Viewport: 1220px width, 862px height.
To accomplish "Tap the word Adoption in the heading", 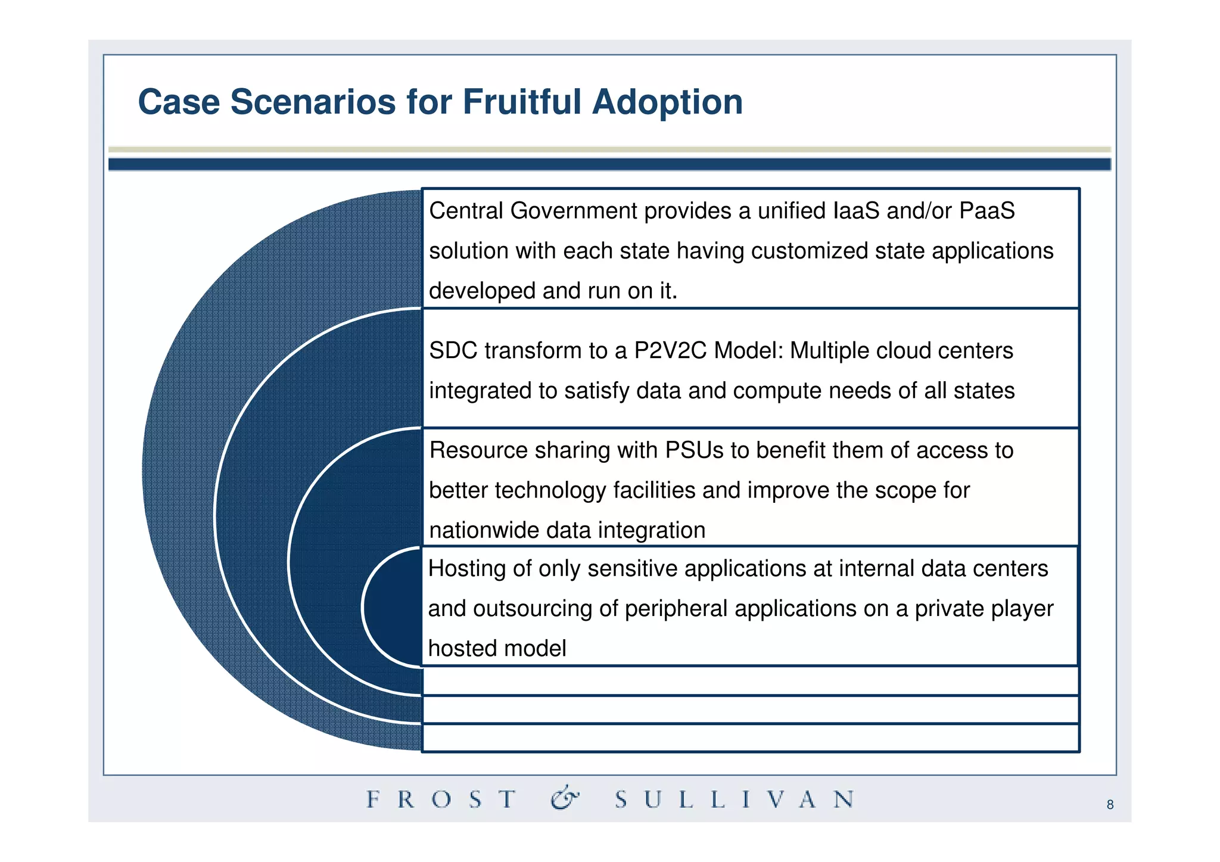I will click(667, 102).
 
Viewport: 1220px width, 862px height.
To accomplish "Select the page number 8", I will click(1110, 805).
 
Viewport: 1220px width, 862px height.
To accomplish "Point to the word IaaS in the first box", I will click(855, 211).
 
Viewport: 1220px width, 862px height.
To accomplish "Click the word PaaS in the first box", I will click(986, 211).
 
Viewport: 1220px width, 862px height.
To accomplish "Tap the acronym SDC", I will click(453, 351).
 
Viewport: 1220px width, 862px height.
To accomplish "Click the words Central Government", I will click(533, 211).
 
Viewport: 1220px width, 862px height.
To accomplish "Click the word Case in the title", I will click(179, 101).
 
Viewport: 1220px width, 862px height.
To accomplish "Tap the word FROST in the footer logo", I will click(441, 799).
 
